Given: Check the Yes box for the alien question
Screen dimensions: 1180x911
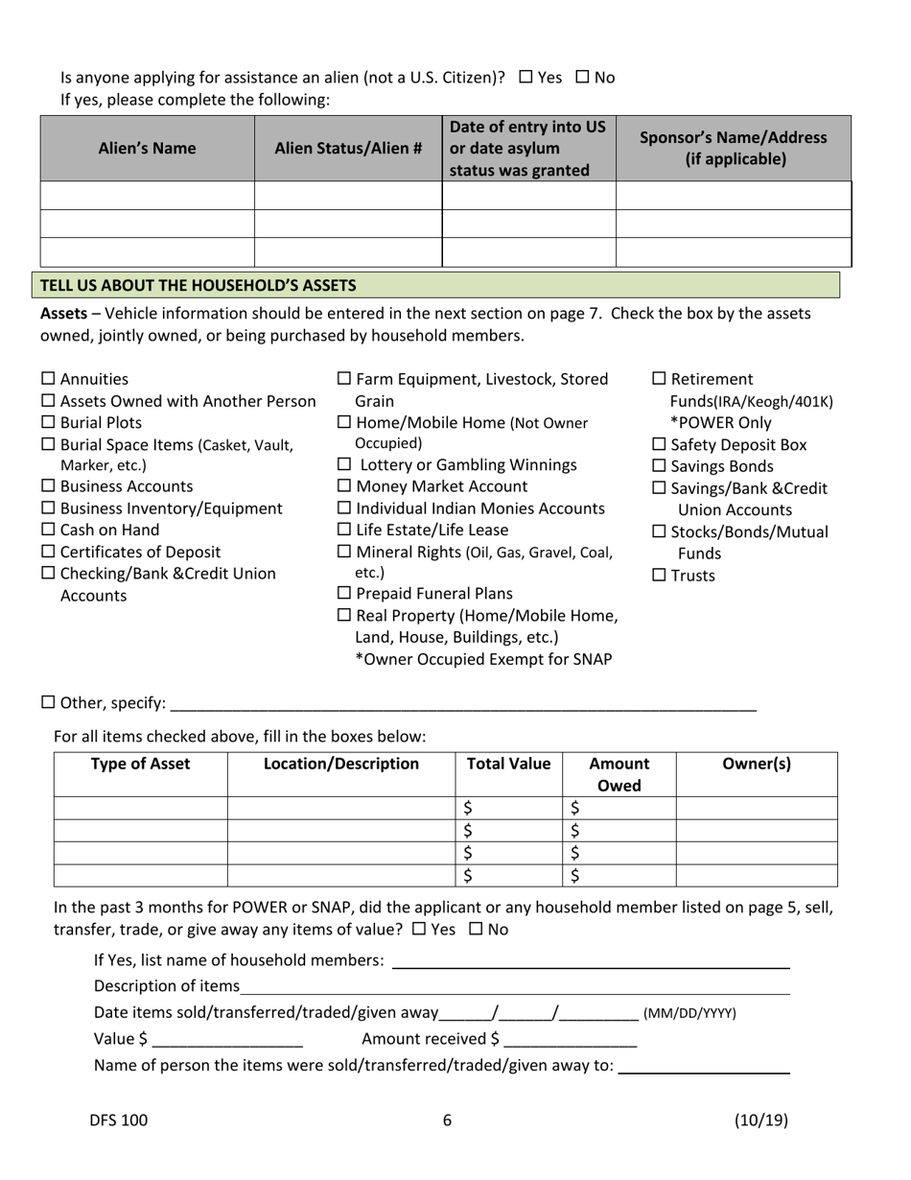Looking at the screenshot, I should (526, 78).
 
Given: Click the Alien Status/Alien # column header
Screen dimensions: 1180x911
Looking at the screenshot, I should (348, 148).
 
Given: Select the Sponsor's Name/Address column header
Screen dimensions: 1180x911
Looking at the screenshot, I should (733, 148).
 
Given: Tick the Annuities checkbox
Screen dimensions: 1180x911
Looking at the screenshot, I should (49, 380).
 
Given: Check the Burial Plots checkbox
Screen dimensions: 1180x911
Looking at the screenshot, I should (49, 423).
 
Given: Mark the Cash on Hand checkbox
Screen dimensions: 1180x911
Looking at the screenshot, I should (49, 531).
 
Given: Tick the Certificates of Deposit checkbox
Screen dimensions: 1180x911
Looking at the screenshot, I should (49, 553).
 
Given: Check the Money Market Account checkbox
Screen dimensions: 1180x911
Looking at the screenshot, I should (344, 487).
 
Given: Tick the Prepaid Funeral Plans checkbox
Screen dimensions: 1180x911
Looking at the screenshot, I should (344, 594).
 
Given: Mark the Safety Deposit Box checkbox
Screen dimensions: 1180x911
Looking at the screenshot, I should (659, 445).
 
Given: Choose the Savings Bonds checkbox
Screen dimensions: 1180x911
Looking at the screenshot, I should (659, 467).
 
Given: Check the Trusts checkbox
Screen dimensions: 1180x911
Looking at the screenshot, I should (659, 576).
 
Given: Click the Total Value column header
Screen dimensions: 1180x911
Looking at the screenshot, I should (508, 765).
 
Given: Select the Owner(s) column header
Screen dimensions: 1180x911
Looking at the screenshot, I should (756, 765).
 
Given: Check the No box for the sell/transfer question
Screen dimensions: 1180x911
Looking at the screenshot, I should (475, 930).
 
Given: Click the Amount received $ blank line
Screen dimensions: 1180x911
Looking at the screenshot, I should (570, 1039).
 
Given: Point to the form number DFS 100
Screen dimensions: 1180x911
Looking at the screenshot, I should (119, 1120).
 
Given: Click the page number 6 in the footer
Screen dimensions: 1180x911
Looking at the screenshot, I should (447, 1120).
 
